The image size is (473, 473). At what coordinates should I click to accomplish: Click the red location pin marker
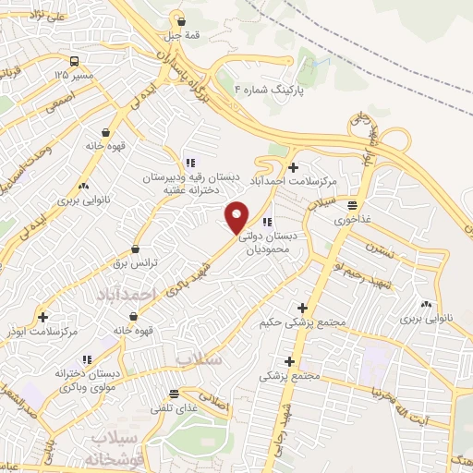(238, 216)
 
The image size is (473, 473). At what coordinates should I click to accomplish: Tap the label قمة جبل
(182, 36)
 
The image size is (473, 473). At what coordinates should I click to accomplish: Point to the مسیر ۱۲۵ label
(73, 73)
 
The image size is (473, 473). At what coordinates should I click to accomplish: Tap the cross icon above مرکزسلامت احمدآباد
(294, 167)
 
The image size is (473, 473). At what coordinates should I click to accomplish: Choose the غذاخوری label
(355, 220)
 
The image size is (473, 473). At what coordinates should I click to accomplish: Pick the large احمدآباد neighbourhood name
(122, 293)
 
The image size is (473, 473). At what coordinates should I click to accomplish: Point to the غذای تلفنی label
(174, 408)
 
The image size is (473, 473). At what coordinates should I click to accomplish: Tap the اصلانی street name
(212, 403)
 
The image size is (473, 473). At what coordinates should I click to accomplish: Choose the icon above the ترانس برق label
(137, 249)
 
